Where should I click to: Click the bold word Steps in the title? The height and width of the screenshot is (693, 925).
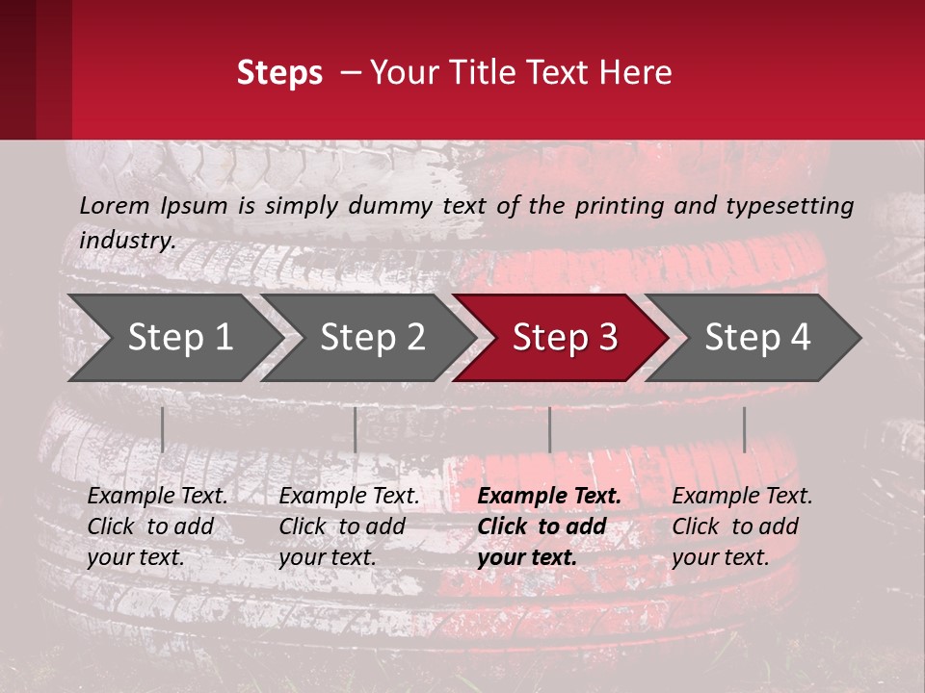[279, 73]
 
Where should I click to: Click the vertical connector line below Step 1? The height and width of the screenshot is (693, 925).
[163, 429]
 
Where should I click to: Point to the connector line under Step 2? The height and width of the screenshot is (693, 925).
[356, 429]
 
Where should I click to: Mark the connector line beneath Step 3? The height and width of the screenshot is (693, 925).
[550, 429]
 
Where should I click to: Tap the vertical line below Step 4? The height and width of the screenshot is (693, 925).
[744, 429]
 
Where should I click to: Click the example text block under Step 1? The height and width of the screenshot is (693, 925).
[157, 526]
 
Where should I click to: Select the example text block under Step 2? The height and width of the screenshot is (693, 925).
[349, 526]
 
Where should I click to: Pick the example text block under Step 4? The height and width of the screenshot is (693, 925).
[742, 526]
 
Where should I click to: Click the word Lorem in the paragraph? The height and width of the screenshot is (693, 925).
[115, 205]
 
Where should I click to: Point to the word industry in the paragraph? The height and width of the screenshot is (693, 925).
[127, 240]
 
